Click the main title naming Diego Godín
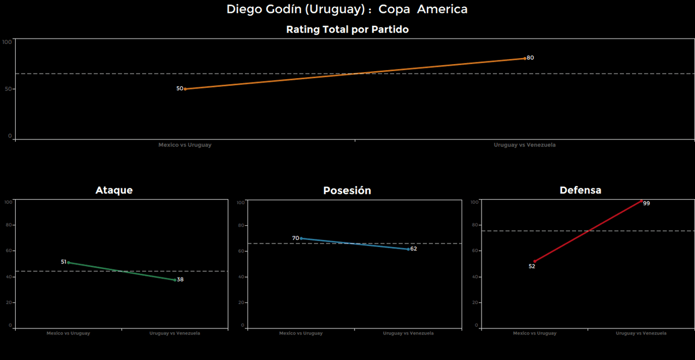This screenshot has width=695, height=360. [347, 9]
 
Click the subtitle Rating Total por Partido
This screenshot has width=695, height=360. [347, 29]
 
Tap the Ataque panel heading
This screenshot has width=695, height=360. [114, 190]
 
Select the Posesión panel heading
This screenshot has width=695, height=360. [347, 191]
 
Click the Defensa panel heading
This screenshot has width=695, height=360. [580, 190]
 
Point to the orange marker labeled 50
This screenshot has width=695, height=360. [185, 89]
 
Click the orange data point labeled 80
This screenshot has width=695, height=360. [525, 58]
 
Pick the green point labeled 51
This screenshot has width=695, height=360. [68, 262]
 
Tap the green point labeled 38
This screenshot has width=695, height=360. [175, 280]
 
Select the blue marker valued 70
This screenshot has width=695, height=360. [301, 238]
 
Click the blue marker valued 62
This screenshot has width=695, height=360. [408, 249]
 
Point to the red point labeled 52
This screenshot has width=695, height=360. [534, 262]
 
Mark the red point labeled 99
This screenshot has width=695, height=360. [641, 201]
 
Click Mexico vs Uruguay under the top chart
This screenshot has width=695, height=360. [185, 145]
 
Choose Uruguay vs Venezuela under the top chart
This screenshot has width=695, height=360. [525, 145]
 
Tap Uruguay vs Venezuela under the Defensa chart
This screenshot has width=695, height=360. [641, 333]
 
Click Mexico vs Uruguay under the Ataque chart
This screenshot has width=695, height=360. [68, 333]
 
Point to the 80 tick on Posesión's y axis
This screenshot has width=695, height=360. [242, 225]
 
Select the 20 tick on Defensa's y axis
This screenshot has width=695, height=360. [476, 302]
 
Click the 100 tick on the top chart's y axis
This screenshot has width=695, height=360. [7, 42]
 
